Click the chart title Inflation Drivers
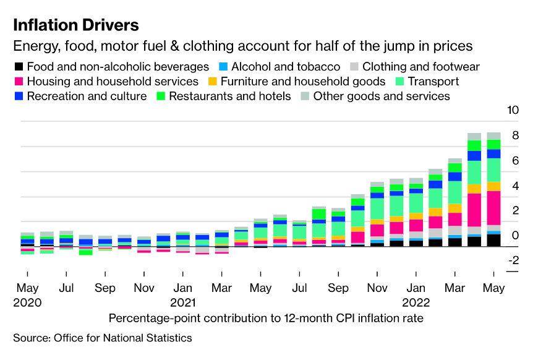tap(75, 25)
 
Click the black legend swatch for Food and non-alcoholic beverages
tap(19, 67)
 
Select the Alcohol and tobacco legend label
tap(286, 67)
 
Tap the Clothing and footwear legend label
tap(420, 67)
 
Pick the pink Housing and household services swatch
tap(19, 82)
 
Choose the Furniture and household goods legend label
tap(302, 82)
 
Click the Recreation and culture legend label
tap(87, 96)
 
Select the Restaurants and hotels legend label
tap(229, 96)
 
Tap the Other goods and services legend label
tap(382, 96)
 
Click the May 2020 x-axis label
tap(28, 295)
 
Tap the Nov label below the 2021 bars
tap(377, 288)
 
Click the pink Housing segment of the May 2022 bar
tap(493, 207)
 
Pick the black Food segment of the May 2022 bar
tap(493, 240)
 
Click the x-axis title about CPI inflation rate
tap(266, 319)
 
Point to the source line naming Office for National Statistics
tap(103, 338)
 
